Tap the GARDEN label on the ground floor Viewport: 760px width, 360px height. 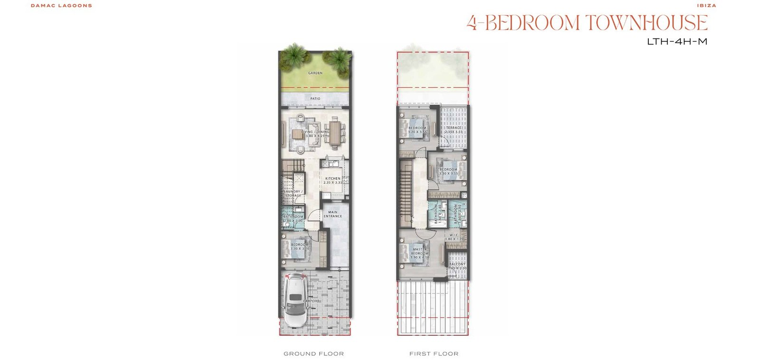315,73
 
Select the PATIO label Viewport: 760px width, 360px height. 315,99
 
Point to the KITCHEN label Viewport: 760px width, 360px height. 332,179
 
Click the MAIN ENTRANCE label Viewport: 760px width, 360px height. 332,214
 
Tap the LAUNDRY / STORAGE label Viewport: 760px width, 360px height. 294,193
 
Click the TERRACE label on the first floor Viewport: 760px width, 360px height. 454,128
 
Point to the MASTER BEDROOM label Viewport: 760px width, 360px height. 420,253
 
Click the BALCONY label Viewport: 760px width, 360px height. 457,265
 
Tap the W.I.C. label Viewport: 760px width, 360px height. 454,235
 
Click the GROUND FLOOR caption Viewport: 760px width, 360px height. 313,354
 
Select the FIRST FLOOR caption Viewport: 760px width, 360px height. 434,354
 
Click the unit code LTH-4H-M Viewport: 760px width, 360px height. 677,42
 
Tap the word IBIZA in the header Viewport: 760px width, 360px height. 706,6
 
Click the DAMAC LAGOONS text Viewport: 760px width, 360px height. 61,6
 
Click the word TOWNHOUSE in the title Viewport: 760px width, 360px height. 646,23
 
